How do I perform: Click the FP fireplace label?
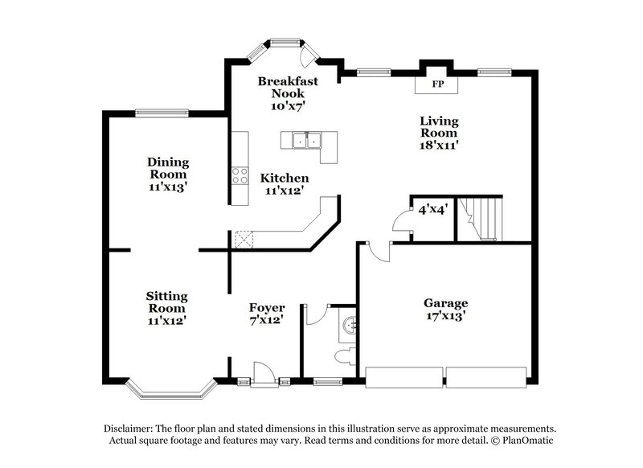[438, 84]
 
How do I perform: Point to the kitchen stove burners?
[240, 175]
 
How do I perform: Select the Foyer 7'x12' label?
[266, 313]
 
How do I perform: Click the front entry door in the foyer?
[262, 372]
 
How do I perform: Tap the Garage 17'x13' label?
[445, 310]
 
